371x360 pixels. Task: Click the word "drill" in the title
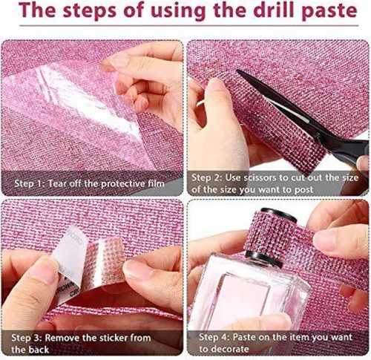(275, 10)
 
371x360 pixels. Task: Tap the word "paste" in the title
(329, 12)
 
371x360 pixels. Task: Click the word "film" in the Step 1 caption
(156, 183)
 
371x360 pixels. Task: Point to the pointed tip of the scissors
(237, 71)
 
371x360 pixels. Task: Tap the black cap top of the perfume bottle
(279, 214)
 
